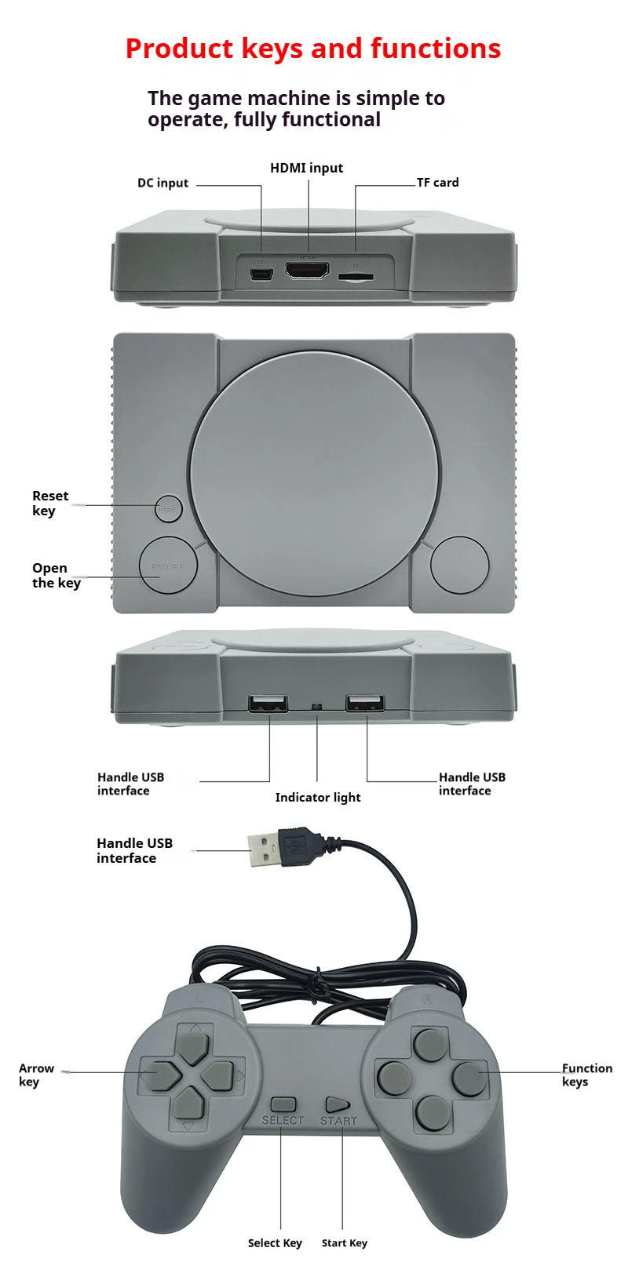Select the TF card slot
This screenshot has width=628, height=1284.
click(356, 276)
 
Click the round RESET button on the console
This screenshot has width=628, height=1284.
click(168, 509)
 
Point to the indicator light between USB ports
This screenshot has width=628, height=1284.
click(317, 707)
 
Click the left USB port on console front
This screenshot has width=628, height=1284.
click(268, 703)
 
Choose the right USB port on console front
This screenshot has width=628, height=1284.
click(366, 703)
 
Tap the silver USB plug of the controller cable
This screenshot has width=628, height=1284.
click(264, 850)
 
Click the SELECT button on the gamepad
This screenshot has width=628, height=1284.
click(283, 1104)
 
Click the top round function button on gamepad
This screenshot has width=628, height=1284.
click(429, 1044)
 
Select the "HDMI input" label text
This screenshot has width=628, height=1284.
click(306, 168)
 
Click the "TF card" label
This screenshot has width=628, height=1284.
click(437, 183)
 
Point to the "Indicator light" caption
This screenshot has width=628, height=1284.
click(318, 798)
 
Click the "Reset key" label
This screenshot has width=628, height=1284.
click(49, 503)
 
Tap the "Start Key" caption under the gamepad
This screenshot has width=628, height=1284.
click(344, 1243)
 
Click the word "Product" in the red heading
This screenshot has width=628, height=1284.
click(179, 49)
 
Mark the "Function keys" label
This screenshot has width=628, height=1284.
click(586, 1075)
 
